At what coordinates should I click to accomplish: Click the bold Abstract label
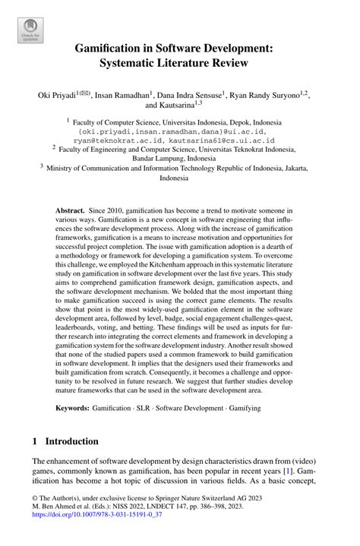click(x=71, y=208)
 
